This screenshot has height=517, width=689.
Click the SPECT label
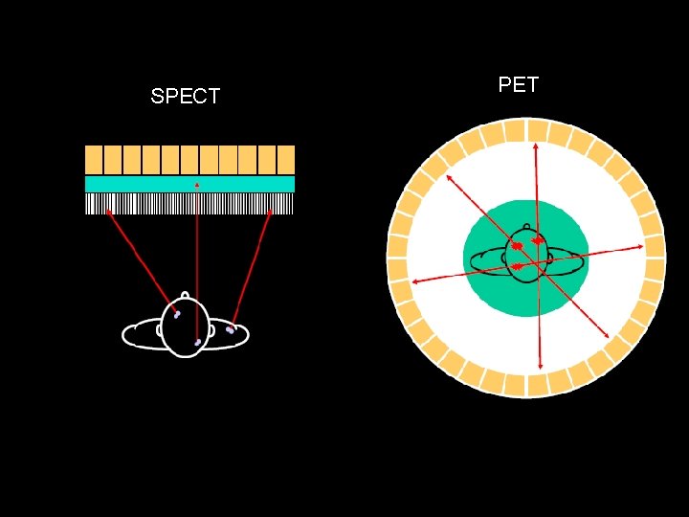(x=186, y=96)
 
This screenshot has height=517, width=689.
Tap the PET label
(x=519, y=84)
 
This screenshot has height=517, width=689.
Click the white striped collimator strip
(x=189, y=203)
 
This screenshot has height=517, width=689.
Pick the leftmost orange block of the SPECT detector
(x=94, y=159)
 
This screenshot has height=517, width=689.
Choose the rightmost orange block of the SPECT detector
(x=285, y=159)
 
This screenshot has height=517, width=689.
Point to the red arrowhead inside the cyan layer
(x=197, y=184)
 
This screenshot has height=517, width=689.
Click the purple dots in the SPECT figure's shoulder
(x=230, y=330)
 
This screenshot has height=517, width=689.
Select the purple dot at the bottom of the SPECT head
(x=197, y=342)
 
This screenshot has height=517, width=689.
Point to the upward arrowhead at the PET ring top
(x=535, y=146)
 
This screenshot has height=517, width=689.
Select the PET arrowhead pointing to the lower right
(x=609, y=334)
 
